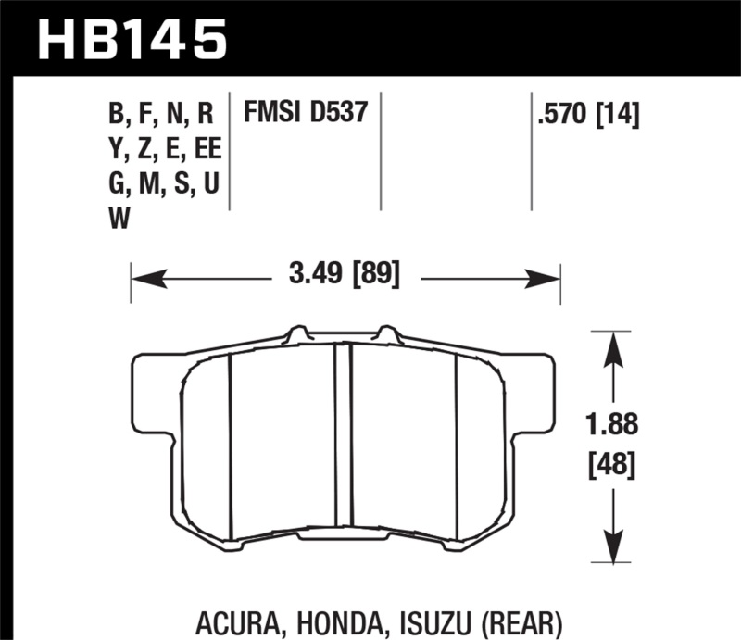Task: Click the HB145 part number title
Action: (x=131, y=38)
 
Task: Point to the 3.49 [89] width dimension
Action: (x=345, y=276)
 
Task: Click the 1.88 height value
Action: (x=609, y=425)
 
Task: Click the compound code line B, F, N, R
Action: (x=161, y=116)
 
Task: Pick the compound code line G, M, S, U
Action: (x=163, y=183)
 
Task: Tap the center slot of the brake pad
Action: (x=344, y=440)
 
